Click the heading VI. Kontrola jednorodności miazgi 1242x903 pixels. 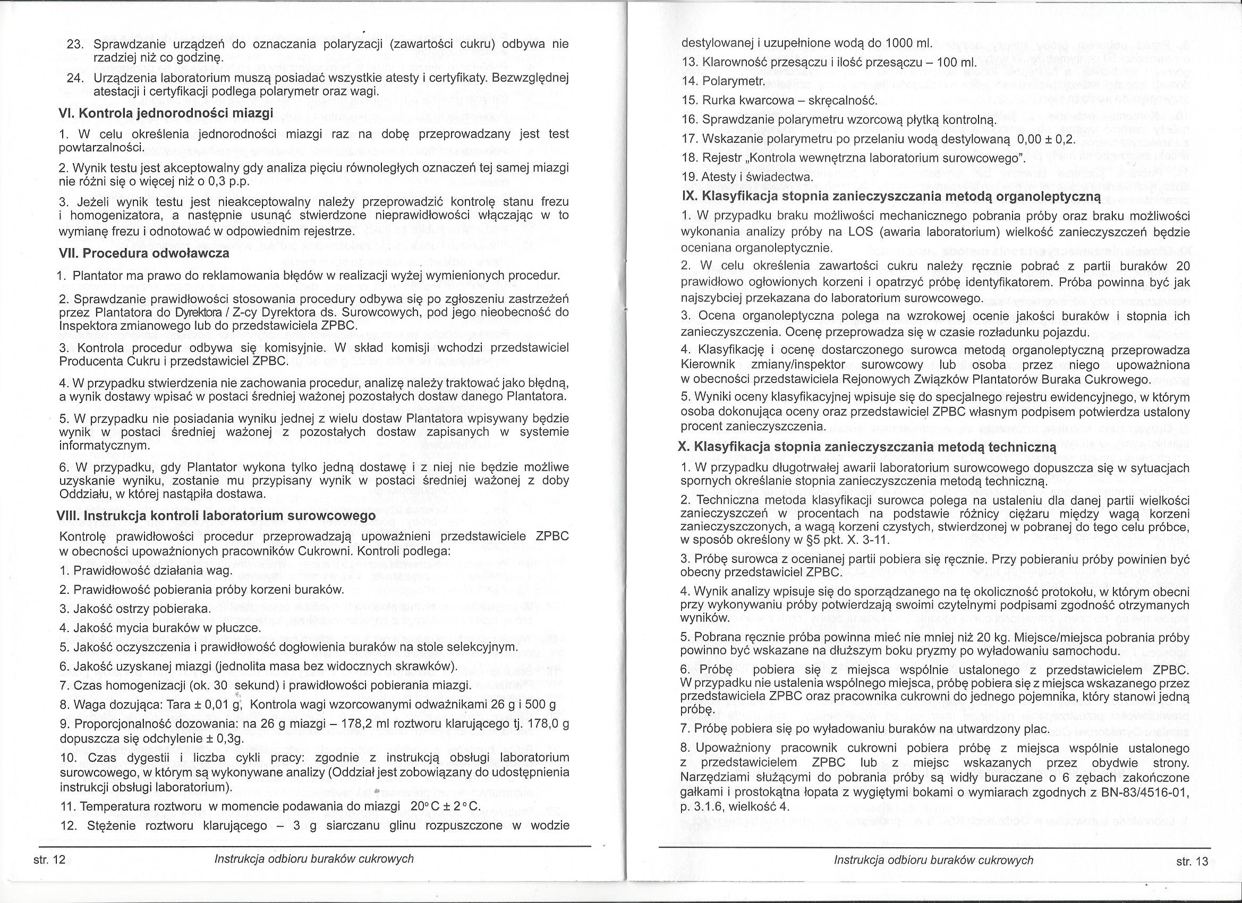pos(165,114)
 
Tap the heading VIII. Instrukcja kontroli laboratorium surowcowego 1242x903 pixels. pos(216,516)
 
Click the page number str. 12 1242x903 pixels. pos(49,860)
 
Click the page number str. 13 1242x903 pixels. pos(1192,861)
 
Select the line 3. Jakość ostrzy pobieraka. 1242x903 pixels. pos(134,609)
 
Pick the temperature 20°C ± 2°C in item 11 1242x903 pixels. pos(441,807)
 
